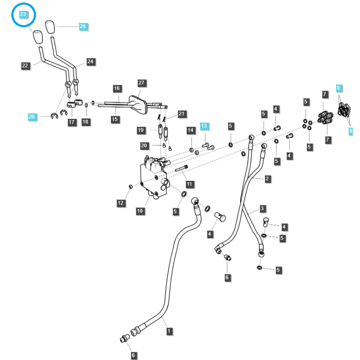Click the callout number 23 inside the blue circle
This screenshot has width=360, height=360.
coord(23,14)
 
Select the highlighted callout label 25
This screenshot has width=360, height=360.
coord(82,27)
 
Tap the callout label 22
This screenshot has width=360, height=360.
coord(25,66)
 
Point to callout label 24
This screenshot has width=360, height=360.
coord(90,61)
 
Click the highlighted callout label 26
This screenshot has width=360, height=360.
coord(31,117)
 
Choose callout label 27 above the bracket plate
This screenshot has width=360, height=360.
coord(142,83)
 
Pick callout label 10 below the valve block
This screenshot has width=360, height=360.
coord(139,211)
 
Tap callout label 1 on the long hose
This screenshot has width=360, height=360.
coord(169,331)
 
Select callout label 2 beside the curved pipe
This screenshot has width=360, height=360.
coord(267,179)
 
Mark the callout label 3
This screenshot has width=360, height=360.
coord(262,209)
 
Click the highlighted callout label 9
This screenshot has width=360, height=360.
coord(351,131)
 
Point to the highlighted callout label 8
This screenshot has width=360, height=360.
coord(339,88)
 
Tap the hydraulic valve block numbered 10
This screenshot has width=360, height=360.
coord(153,178)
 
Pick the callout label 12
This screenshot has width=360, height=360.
coord(121,203)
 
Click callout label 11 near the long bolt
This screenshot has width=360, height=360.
coord(189,184)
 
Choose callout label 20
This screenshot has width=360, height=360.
coord(144,145)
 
